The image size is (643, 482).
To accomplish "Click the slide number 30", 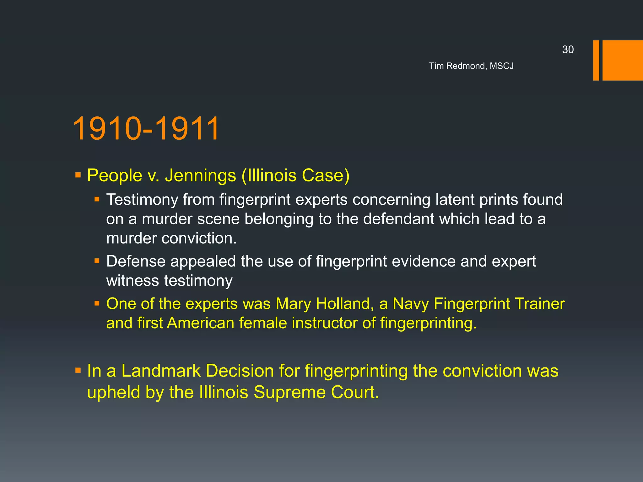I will tap(568, 50).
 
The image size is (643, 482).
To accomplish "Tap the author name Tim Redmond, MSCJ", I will tap(471, 66).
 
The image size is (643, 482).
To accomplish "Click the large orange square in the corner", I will tap(623, 60).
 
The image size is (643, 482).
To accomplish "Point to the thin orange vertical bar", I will tap(596, 60).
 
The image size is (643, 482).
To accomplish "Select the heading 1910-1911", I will tap(146, 128).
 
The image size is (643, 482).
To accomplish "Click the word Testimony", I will tap(142, 200).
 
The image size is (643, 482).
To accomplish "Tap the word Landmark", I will tap(161, 371).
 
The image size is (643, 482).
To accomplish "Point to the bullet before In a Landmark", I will tap(78, 371).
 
